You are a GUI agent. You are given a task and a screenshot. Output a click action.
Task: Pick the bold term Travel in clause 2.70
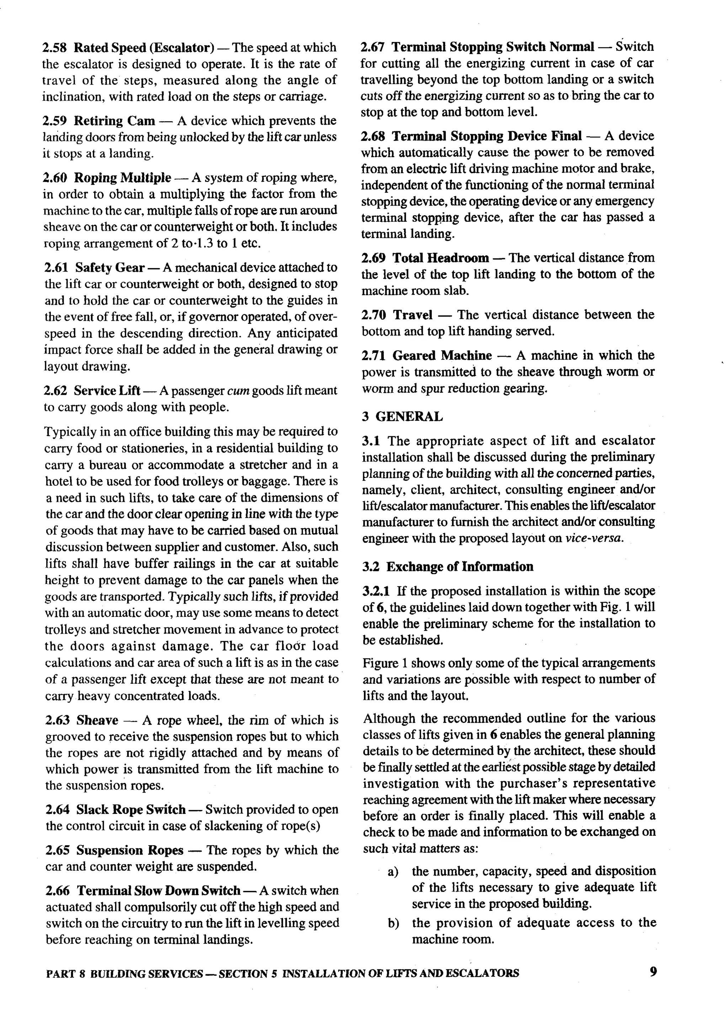coord(412,315)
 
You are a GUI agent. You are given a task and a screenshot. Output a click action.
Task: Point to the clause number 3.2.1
coord(376,591)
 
